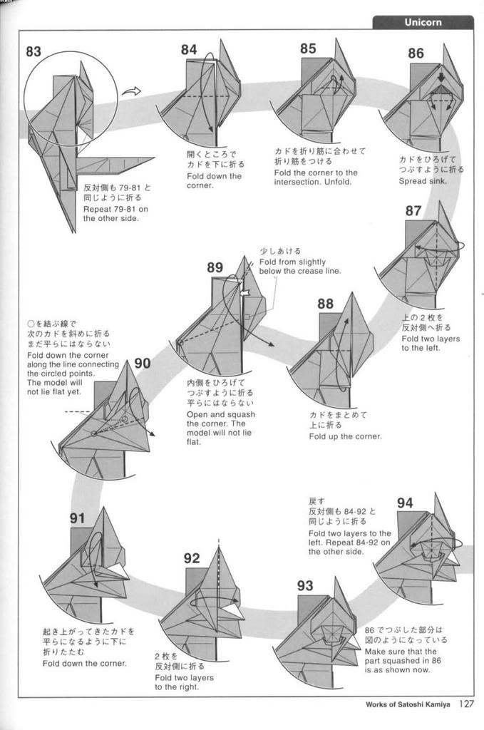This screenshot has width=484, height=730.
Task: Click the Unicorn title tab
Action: coord(423,22)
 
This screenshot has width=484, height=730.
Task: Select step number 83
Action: coord(34,51)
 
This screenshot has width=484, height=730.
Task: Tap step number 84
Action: coord(189,50)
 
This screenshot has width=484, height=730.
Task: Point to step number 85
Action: coord(308,48)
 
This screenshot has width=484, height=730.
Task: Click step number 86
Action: coord(416,53)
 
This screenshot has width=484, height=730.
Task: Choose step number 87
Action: coord(413,210)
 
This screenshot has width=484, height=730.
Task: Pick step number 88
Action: coord(325,304)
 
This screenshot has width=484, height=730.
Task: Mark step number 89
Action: coord(215,268)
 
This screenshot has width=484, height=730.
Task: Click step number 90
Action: coord(143,364)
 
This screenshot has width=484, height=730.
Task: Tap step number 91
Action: coord(78,518)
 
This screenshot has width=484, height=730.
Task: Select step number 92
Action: coord(192,558)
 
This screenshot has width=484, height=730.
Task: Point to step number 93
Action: coord(305,586)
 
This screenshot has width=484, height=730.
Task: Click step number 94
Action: coord(405,503)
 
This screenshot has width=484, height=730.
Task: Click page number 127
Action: coord(466,704)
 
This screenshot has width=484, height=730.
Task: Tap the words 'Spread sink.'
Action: coord(422,181)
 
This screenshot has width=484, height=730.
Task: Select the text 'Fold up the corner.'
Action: coord(345,436)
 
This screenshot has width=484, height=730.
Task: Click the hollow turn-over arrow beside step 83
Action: coord(132,91)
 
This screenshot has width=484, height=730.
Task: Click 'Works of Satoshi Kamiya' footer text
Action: coord(408,705)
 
